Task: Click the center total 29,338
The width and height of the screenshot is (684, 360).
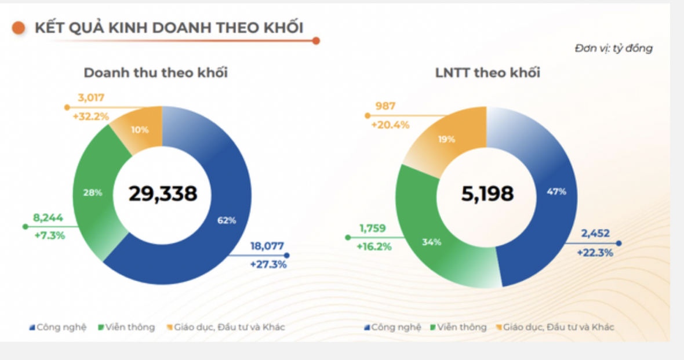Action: [x=163, y=194]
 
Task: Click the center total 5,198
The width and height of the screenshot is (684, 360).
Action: [x=487, y=194]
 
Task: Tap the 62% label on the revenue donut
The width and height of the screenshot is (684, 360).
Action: [x=227, y=220]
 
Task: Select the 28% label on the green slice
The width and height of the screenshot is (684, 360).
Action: [x=93, y=192]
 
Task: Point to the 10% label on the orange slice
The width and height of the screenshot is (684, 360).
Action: [x=139, y=130]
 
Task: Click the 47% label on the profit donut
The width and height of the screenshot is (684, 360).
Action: [x=556, y=192]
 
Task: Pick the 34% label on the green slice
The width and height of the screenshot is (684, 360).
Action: [x=432, y=242]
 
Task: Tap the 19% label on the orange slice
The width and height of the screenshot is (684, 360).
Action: [x=447, y=139]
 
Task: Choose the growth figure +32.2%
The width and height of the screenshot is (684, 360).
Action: [x=91, y=116]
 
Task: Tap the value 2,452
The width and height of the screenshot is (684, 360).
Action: [x=595, y=234]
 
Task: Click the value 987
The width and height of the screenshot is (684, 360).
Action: [x=385, y=106]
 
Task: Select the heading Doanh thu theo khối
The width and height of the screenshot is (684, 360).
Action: [x=155, y=73]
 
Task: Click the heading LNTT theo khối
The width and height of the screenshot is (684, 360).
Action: [x=487, y=73]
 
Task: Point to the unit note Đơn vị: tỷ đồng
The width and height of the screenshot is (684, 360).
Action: [x=613, y=48]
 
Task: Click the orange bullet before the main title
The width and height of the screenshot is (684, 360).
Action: [x=19, y=28]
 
